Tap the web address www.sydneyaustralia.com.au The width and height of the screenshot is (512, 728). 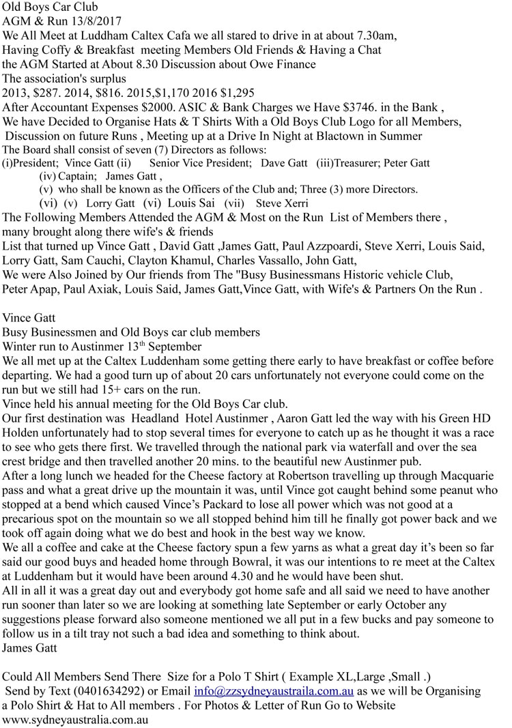pos(76,719)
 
